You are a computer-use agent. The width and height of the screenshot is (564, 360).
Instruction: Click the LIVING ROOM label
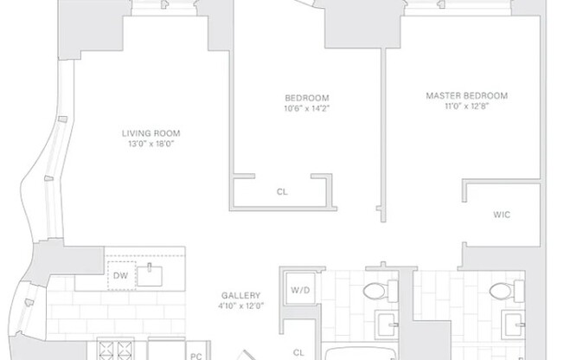(x=157, y=133)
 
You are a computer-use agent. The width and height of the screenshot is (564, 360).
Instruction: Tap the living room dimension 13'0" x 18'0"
(x=157, y=145)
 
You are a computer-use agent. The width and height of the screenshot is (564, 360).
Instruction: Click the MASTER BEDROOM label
(x=466, y=95)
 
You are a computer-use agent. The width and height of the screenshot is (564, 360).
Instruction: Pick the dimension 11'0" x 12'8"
(x=466, y=106)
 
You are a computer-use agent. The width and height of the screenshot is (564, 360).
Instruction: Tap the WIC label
(x=502, y=214)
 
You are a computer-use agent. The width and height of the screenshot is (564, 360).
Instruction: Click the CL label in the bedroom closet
(x=282, y=192)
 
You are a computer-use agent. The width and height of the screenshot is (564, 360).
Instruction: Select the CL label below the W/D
(x=298, y=352)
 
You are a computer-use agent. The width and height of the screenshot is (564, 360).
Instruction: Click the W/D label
(x=300, y=290)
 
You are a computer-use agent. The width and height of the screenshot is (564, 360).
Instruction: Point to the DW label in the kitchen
(x=119, y=276)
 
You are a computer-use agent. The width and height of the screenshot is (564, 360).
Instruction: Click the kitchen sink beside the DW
(x=153, y=275)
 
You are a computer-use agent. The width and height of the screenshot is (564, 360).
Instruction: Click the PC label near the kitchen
(x=196, y=355)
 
